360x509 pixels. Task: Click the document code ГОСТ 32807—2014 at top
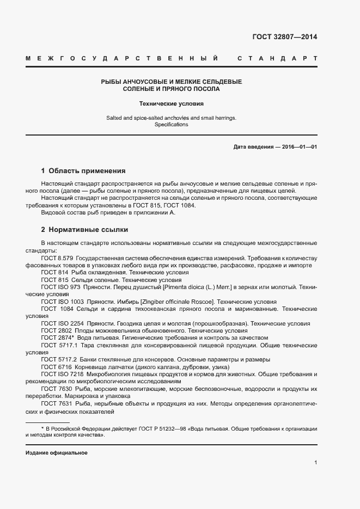284,38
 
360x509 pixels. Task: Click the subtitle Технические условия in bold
171,103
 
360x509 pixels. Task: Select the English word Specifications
171,125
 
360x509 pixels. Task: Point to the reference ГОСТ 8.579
57,257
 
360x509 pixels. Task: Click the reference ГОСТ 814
54,272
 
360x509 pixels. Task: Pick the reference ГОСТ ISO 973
60,286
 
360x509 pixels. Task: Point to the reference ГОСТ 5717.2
59,360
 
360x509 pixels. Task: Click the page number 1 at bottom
315,463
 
